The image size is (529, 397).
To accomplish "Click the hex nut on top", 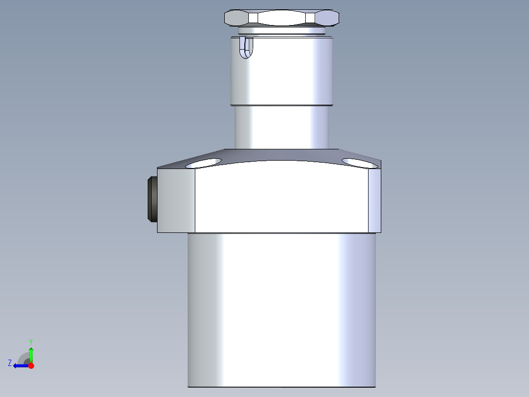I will [x=282, y=18].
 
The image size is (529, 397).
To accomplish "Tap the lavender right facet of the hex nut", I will [x=327, y=19].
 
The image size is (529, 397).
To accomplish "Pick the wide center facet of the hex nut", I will [x=282, y=19].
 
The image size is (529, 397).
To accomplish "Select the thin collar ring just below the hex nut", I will [x=282, y=31].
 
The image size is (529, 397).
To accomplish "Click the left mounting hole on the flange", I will [x=204, y=163].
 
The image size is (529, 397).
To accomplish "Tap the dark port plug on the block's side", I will [x=152, y=199].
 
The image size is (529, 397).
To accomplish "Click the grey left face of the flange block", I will [x=176, y=200].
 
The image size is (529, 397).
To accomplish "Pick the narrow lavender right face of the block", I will [x=374, y=200].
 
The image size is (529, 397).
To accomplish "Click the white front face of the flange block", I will [x=282, y=199].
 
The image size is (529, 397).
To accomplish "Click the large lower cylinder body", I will [x=282, y=310].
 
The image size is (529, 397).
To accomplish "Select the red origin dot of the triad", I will [x=31, y=366].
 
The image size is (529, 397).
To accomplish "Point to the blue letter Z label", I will [x=10, y=363].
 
